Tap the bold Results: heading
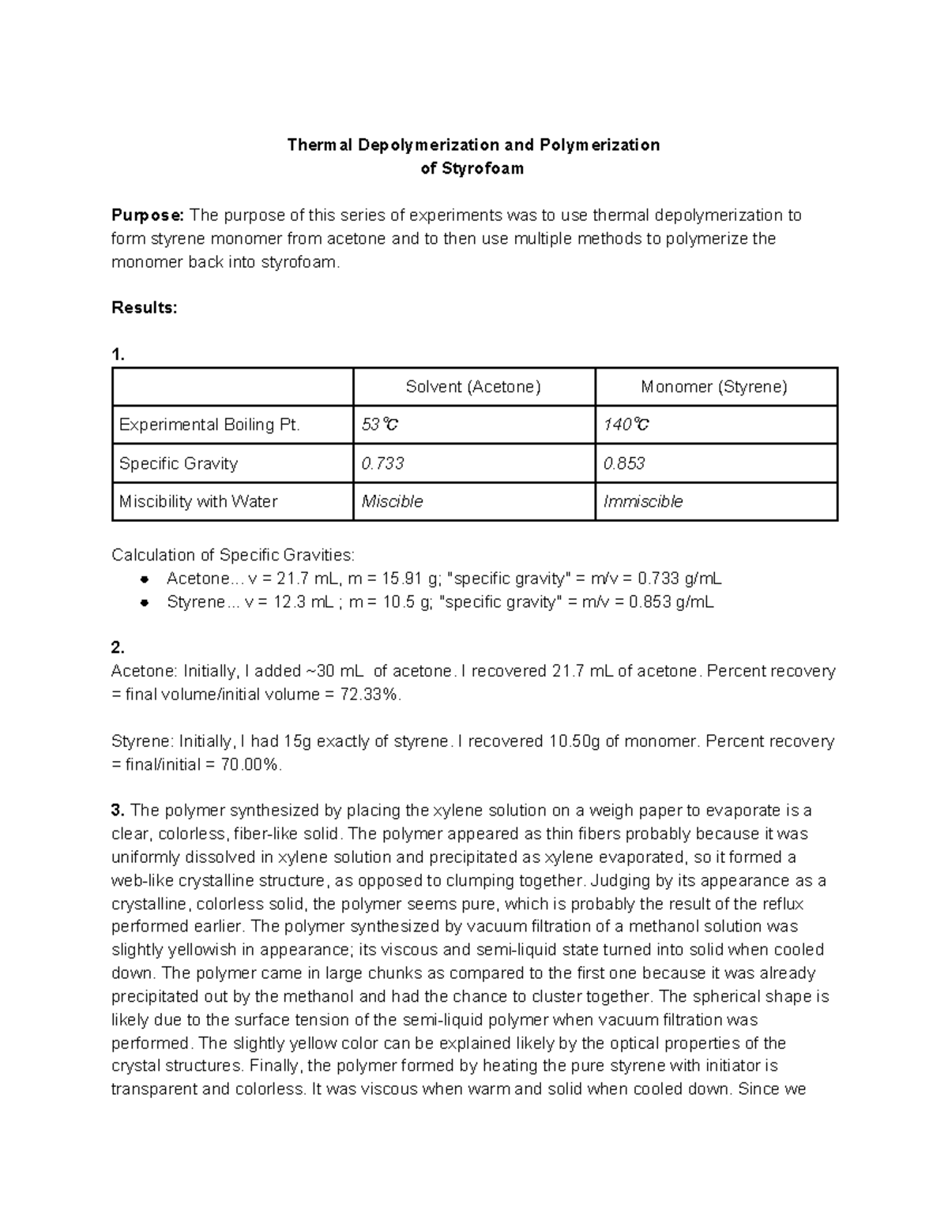pyautogui.click(x=144, y=308)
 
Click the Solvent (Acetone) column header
pyautogui.click(x=473, y=387)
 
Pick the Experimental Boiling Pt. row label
pyautogui.click(x=209, y=425)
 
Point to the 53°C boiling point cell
pyautogui.click(x=379, y=425)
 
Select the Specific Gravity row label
pyautogui.click(x=178, y=463)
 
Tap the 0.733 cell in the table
pyautogui.click(x=382, y=463)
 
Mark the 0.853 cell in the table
pyautogui.click(x=624, y=463)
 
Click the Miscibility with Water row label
pyautogui.click(x=197, y=501)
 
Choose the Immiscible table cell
pyautogui.click(x=643, y=501)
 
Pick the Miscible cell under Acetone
pyautogui.click(x=392, y=501)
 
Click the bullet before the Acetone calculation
pyautogui.click(x=145, y=579)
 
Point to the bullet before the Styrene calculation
pyautogui.click(x=145, y=603)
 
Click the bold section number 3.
pyautogui.click(x=118, y=811)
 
